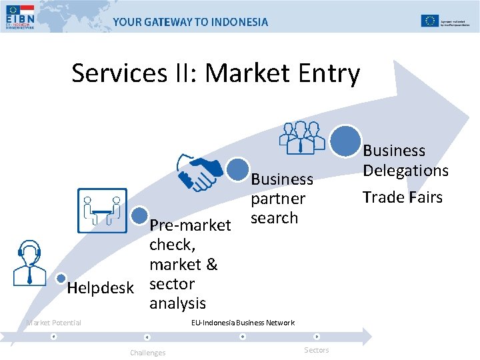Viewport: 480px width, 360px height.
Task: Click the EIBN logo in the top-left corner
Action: tap(21, 18)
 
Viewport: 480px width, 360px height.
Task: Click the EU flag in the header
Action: tap(429, 20)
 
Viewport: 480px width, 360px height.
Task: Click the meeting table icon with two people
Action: tap(102, 210)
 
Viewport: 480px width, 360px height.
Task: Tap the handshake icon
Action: tap(199, 171)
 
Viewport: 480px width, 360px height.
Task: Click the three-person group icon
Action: tap(302, 137)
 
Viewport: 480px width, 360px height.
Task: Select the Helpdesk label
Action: tap(101, 287)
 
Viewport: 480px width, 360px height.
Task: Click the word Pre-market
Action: tap(190, 225)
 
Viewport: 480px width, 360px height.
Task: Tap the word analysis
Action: tap(177, 303)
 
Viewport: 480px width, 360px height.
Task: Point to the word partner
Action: tap(278, 199)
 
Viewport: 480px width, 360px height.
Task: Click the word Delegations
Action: tap(405, 171)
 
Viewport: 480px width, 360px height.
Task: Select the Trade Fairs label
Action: tap(402, 197)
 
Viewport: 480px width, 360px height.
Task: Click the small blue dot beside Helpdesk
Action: tap(61, 278)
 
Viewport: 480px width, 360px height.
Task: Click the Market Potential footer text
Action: tap(53, 323)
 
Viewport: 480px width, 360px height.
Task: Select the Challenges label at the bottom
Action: tap(147, 353)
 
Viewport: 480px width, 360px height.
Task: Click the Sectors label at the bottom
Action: tap(316, 350)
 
